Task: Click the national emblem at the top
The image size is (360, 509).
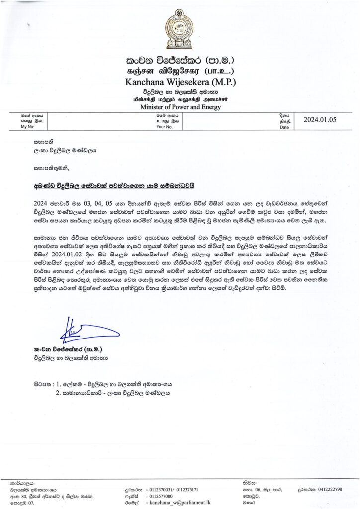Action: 180,29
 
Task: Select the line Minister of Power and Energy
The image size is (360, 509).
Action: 180,107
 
